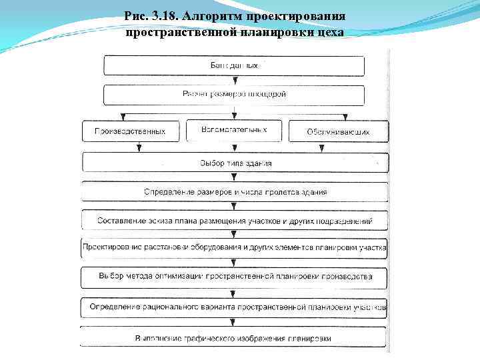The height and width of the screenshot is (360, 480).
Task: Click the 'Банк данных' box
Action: pyautogui.click(x=234, y=66)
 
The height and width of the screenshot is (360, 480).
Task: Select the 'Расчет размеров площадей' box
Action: pyautogui.click(x=234, y=95)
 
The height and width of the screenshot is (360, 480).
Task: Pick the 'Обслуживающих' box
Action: pyautogui.click(x=338, y=131)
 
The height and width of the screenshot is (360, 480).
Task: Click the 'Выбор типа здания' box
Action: pyautogui.click(x=234, y=163)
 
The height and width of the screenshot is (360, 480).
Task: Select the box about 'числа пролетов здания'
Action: pyautogui.click(x=234, y=192)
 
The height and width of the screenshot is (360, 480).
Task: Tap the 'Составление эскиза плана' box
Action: pyautogui.click(x=234, y=221)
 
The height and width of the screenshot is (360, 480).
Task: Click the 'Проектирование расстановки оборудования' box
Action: pyautogui.click(x=234, y=248)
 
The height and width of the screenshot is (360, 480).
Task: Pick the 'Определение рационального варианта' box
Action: pyautogui.click(x=234, y=307)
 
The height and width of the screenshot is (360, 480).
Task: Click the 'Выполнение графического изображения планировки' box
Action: pyautogui.click(x=234, y=337)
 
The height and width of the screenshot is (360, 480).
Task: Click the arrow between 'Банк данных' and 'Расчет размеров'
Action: pyautogui.click(x=234, y=81)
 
